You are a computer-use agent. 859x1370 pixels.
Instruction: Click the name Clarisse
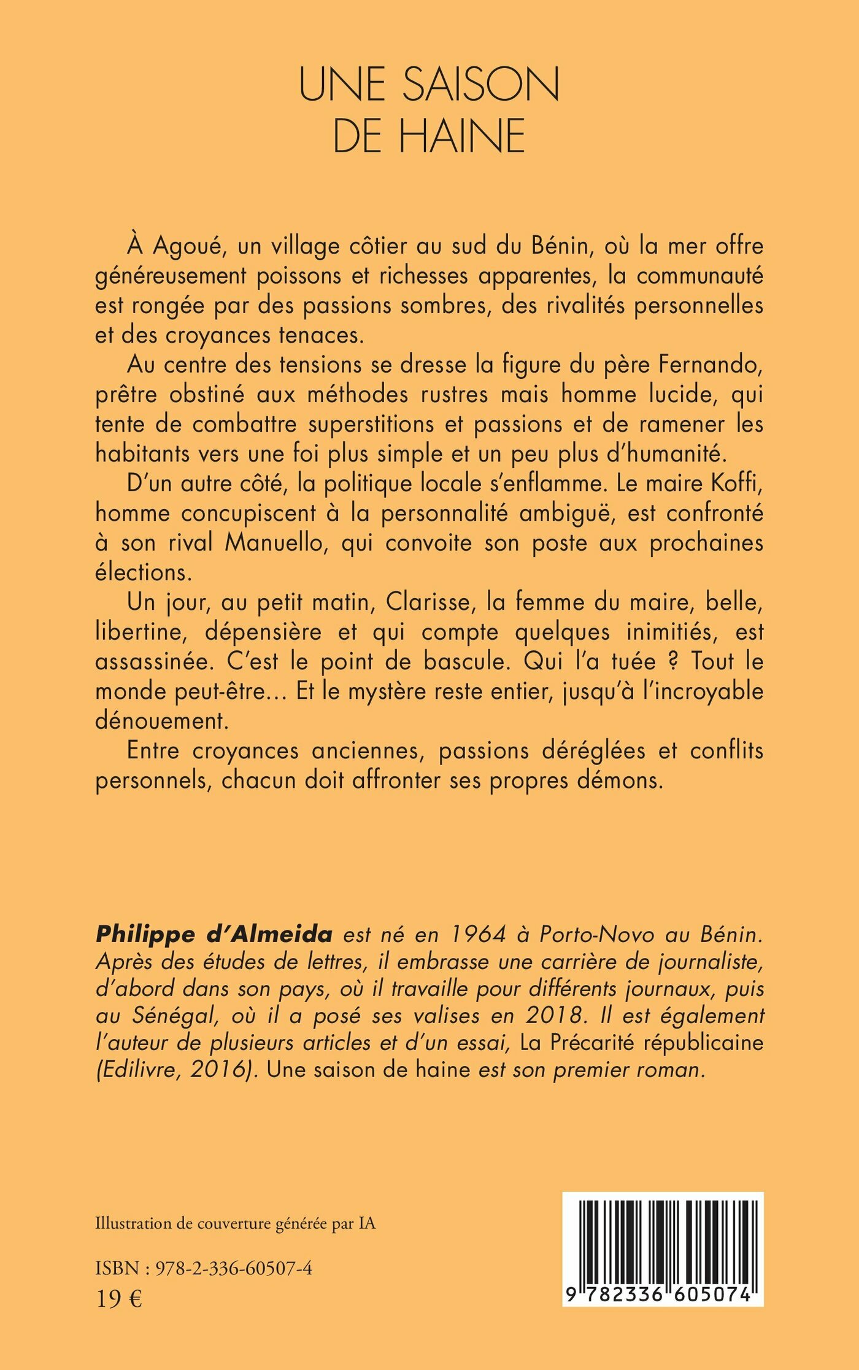pos(431,602)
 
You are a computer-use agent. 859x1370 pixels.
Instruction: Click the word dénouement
pos(162,721)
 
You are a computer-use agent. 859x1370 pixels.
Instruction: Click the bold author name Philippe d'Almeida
pos(214,934)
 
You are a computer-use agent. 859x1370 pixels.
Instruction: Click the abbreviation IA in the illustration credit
pos(366,1224)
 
